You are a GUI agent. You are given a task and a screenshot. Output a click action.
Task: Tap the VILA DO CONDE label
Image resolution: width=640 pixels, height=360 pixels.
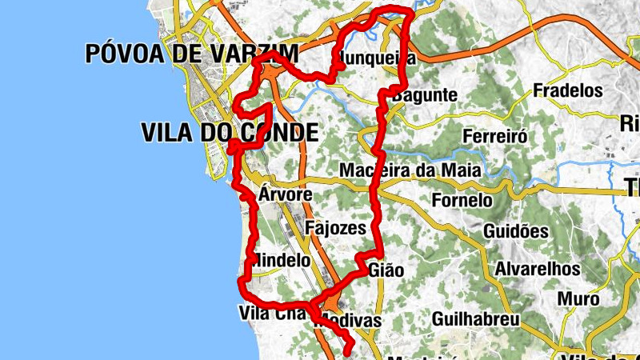229,133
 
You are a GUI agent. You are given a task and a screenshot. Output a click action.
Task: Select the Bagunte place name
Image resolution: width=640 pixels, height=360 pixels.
425,95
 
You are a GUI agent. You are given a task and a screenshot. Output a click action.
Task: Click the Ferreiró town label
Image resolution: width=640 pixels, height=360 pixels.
495,136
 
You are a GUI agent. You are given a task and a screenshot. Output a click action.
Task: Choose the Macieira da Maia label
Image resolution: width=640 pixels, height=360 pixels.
410,170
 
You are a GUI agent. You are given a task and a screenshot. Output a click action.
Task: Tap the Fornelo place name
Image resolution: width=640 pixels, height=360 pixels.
462,200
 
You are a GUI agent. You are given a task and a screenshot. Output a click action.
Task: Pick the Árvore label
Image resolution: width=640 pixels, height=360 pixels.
286,195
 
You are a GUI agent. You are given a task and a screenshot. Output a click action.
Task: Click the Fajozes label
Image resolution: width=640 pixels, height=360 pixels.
335,229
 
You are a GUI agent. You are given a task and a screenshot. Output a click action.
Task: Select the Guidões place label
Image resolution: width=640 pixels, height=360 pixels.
516,231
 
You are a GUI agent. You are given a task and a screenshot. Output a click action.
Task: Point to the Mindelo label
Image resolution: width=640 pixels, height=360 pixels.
281,261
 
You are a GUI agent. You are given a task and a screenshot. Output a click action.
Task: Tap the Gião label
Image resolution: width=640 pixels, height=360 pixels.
387,270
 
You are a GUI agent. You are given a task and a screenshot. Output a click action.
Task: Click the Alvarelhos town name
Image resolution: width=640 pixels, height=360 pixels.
536,270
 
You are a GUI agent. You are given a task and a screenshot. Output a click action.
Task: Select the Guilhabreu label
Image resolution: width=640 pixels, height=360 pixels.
475,319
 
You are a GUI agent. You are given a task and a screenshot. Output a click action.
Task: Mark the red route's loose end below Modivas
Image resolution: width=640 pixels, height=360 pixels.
349,350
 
